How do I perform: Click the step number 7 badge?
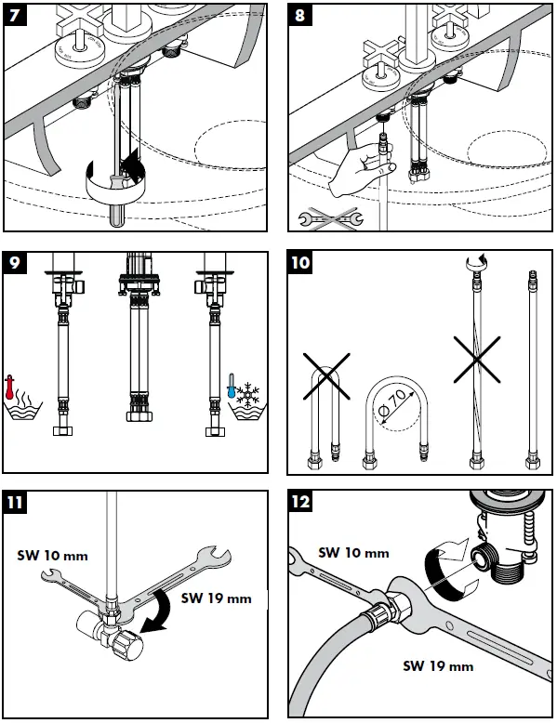[15, 15]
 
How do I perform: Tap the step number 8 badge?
[300, 15]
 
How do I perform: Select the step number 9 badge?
[15, 263]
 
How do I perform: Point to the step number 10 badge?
[300, 262]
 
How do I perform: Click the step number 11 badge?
[15, 502]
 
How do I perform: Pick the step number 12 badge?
[300, 501]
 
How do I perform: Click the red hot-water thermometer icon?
[8, 388]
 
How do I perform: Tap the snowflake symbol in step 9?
[248, 394]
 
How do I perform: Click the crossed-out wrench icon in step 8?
[331, 218]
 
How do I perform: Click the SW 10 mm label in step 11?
[52, 556]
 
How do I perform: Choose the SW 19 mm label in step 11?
[216, 598]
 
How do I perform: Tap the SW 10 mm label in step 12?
[353, 552]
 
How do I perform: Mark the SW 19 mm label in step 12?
[438, 665]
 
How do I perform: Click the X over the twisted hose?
[477, 360]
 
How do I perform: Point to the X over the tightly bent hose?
[326, 376]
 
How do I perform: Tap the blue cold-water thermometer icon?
[232, 387]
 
